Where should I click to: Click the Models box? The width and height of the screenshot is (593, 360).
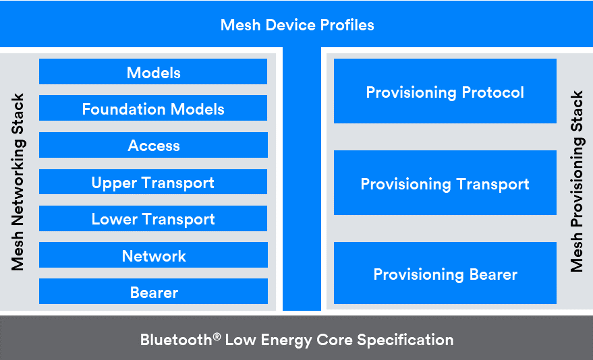point(153,72)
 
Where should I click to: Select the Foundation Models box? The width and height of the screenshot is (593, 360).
point(153,109)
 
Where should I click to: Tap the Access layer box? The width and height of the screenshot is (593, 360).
point(153,145)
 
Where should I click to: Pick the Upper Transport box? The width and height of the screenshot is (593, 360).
point(153,182)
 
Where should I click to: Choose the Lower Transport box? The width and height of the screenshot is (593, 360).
point(153,219)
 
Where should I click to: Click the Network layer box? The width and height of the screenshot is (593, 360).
point(153,256)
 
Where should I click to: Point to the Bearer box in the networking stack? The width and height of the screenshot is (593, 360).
point(153,292)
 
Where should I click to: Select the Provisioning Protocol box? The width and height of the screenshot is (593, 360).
point(445,92)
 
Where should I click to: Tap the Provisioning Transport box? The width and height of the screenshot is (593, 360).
point(445,183)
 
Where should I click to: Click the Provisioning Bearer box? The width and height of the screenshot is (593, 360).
point(445,274)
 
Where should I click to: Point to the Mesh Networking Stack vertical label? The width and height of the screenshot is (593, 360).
point(18,182)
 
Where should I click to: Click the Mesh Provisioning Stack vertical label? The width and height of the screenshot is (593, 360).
point(577,182)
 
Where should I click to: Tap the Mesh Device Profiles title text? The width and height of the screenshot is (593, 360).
point(297,26)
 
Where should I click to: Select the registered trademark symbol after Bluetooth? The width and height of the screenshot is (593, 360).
point(217,335)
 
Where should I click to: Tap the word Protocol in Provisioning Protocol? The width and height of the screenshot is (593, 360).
point(491,92)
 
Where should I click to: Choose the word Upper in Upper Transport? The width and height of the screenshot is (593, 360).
point(111,183)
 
